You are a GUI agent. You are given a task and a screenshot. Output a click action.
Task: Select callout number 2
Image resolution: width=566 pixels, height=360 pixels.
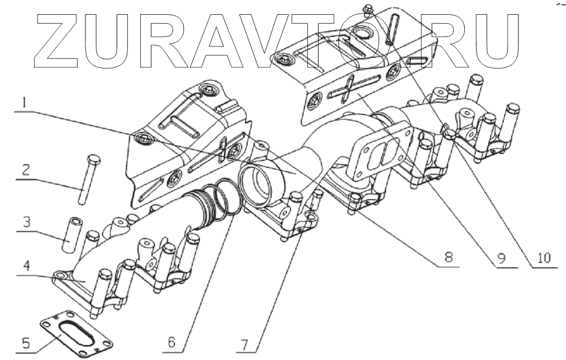click(25, 169)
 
